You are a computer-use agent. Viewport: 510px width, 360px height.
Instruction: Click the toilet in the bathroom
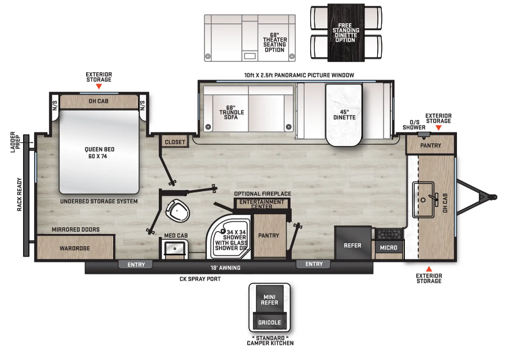click(177, 210)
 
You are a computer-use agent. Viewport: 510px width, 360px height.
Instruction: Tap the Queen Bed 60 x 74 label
click(99, 153)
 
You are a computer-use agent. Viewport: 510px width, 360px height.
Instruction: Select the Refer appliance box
click(353, 243)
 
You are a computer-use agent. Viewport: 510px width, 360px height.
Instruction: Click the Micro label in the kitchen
click(388, 248)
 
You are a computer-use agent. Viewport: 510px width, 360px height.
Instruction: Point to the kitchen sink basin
click(423, 199)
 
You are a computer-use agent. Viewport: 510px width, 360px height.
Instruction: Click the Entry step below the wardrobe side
click(136, 265)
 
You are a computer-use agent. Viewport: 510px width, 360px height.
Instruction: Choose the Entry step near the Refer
click(314, 264)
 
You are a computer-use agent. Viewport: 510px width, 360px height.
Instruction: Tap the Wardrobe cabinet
click(75, 247)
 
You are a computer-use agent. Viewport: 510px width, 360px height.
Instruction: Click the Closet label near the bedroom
click(175, 142)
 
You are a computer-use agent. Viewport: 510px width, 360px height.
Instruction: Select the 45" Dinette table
click(344, 114)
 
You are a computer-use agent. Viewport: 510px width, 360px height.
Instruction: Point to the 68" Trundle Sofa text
click(231, 112)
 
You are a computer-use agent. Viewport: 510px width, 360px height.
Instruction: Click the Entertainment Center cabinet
click(262, 204)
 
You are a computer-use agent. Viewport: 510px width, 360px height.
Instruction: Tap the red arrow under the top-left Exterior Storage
click(99, 86)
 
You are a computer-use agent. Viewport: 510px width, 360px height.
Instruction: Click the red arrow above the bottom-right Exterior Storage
click(429, 269)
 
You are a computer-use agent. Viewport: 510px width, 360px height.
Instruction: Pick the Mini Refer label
click(269, 300)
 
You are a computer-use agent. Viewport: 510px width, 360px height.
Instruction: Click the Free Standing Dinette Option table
click(346, 32)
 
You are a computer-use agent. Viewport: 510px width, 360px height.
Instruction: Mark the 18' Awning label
click(225, 268)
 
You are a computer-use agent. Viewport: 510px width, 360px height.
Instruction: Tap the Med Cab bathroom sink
click(175, 249)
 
